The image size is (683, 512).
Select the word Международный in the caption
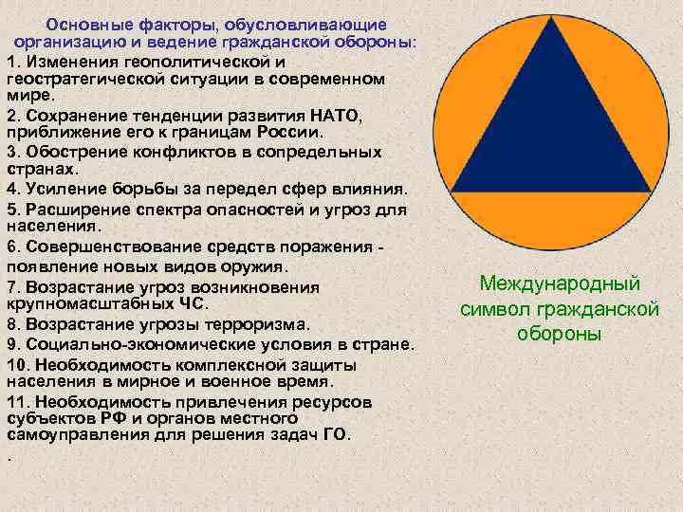(x=560, y=283)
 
